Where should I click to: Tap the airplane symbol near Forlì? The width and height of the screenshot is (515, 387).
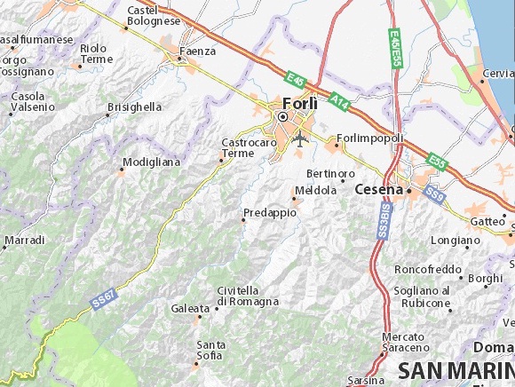(300, 139)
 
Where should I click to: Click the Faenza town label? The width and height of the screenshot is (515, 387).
(197, 51)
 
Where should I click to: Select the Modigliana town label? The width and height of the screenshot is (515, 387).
(151, 162)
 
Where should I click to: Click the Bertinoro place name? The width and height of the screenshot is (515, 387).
(329, 173)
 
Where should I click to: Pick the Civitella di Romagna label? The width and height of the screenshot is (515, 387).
(248, 296)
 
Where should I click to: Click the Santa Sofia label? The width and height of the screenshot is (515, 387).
(210, 350)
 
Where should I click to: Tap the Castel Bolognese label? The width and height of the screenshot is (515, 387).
(153, 15)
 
